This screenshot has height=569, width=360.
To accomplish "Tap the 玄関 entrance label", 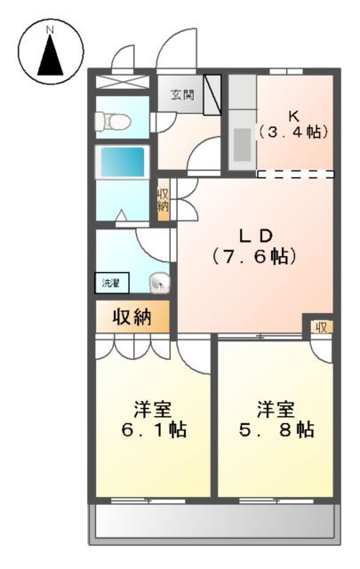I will pos(181,95).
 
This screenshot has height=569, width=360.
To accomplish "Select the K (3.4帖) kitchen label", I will pos(293,124).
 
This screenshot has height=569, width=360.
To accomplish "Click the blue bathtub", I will pos(122,163).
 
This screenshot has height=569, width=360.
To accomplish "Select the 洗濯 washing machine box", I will pos(111,284).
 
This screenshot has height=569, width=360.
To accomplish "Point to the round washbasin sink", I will pos(159,284).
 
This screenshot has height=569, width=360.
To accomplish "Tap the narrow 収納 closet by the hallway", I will pos(164,200).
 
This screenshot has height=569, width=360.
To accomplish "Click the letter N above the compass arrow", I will pos(51,29).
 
